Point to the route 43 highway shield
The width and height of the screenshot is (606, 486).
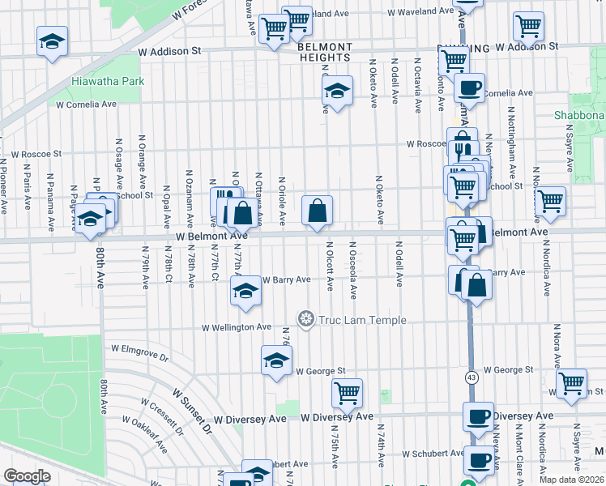tap(472, 377)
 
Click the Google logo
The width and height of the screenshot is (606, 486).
tap(27, 475)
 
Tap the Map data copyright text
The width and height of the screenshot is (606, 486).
tap(572, 480)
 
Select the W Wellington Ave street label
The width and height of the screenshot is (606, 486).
tap(237, 327)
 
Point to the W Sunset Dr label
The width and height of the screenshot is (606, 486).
tap(191, 409)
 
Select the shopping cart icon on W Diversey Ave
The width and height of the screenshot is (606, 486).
tap(347, 393)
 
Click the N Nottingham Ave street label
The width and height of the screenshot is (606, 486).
tap(511, 134)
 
